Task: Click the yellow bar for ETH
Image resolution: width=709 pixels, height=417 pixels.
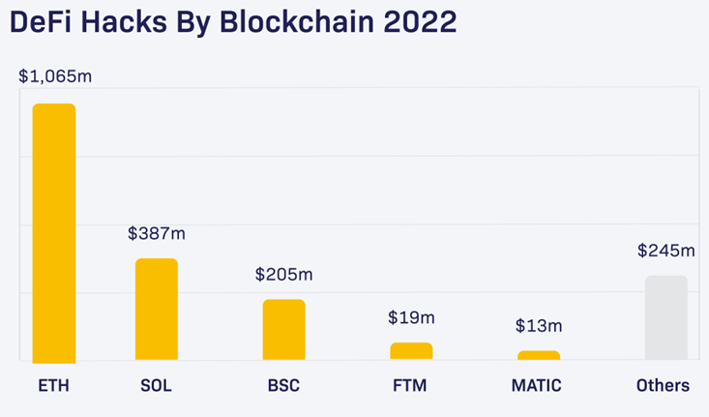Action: [54, 232]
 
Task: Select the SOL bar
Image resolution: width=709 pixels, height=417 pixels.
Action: [156, 310]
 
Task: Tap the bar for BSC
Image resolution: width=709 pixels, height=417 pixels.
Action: [283, 330]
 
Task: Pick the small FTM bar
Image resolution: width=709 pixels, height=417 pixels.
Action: [411, 351]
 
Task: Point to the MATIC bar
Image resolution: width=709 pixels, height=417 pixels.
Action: [539, 355]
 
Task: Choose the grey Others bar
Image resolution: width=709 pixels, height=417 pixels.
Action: [665, 317]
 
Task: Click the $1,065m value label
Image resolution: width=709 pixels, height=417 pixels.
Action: [55, 76]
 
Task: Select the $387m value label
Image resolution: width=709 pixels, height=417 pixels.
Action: [157, 233]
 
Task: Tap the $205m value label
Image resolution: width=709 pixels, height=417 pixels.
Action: [283, 275]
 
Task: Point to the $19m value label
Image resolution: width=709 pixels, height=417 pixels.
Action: [411, 317]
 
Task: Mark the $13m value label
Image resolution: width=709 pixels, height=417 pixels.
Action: [539, 325]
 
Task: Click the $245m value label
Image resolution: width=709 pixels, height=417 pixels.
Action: [666, 251]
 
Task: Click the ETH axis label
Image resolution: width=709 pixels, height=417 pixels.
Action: [54, 385]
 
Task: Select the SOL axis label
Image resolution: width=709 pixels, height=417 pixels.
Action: [156, 385]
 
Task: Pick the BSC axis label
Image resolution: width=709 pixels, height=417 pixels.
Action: [283, 385]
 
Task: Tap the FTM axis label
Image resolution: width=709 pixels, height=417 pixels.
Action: [411, 385]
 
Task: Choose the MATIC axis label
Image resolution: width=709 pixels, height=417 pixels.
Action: [536, 385]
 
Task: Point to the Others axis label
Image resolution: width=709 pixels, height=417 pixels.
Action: [663, 385]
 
